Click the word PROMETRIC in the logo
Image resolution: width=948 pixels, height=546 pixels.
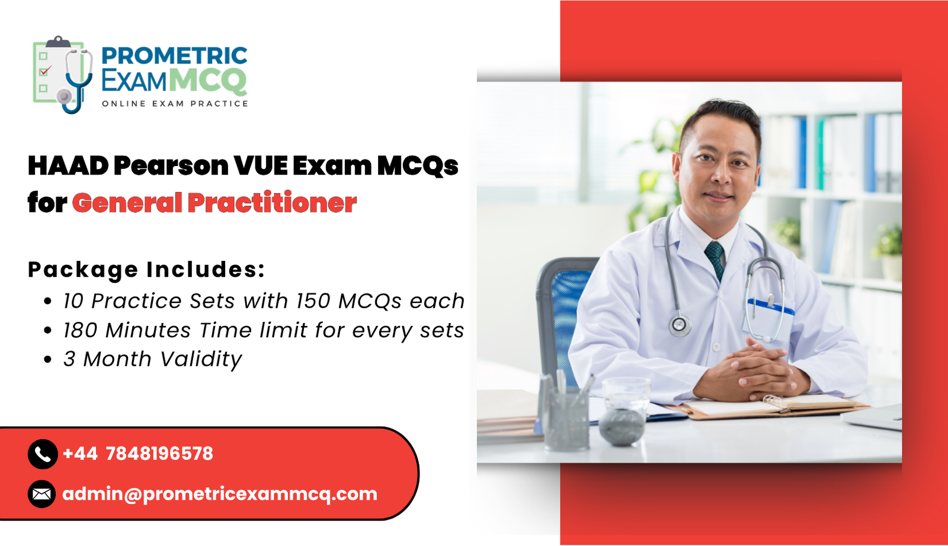(x=174, y=56)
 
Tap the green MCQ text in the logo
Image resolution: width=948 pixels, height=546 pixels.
(x=208, y=81)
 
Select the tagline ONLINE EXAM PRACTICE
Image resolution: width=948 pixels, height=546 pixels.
(x=175, y=104)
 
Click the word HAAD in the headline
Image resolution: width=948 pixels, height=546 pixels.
(x=68, y=166)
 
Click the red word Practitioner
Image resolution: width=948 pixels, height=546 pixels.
(x=272, y=203)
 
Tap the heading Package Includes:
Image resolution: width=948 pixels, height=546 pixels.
(x=146, y=270)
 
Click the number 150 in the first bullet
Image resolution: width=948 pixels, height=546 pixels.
(x=313, y=301)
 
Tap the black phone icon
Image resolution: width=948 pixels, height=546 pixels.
(x=43, y=454)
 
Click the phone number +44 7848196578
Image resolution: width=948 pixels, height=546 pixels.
(x=137, y=454)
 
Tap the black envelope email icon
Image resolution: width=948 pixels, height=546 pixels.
(x=41, y=494)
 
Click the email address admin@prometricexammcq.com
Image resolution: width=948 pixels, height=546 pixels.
(x=220, y=494)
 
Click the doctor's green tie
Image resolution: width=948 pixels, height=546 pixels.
(x=716, y=258)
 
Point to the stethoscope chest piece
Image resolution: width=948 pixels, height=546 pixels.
(x=679, y=324)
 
